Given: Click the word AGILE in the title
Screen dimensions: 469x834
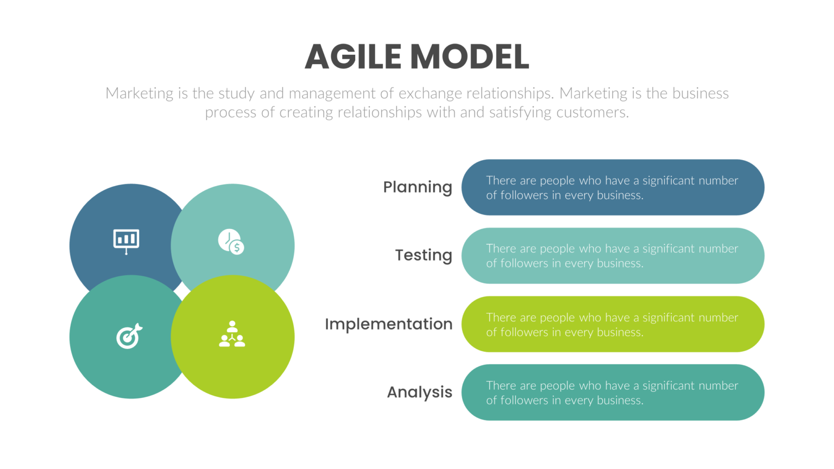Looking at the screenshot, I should click(x=353, y=57).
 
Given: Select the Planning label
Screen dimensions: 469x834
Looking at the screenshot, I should click(x=417, y=187).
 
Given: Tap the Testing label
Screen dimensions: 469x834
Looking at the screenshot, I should click(x=423, y=255).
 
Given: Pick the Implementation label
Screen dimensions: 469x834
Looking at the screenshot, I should click(x=388, y=324).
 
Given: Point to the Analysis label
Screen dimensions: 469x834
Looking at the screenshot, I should click(x=419, y=392).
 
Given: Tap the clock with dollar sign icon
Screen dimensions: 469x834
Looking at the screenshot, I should click(x=231, y=242).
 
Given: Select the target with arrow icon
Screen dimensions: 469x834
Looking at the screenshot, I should click(x=129, y=336).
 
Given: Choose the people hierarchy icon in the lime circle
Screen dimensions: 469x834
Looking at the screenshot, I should click(x=232, y=334).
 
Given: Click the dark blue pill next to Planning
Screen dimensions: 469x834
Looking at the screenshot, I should click(x=612, y=187).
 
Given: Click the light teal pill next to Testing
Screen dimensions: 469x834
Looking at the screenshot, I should click(x=612, y=256).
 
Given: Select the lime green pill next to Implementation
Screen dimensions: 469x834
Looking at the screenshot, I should click(x=612, y=324).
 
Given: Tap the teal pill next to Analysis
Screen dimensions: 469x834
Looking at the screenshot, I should click(x=612, y=392).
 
